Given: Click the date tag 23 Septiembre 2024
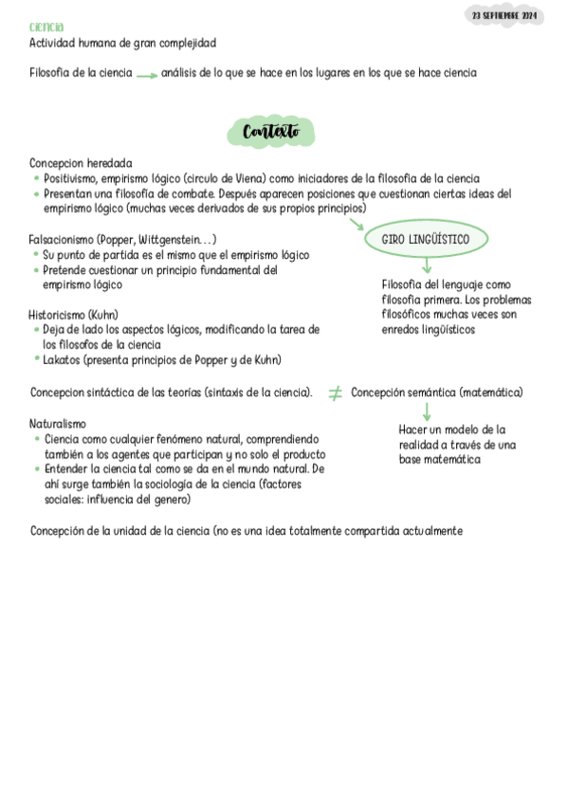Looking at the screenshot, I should tap(505, 17).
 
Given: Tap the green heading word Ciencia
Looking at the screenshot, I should tap(46, 27).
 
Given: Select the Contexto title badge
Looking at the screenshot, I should tap(270, 132).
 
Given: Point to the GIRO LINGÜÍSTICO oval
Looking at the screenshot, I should tap(426, 240).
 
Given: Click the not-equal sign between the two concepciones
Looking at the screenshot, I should tap(335, 393).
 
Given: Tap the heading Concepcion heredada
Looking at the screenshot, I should tap(81, 163).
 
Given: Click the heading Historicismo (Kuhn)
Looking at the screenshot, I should tap(74, 315).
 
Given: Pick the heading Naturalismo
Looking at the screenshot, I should tap(58, 424).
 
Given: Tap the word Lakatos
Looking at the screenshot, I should tap(64, 359).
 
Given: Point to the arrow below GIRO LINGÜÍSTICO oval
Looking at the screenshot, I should tap(426, 267).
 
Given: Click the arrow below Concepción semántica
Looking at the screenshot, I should tap(426, 411).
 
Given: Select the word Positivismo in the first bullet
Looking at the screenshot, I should tap(73, 178).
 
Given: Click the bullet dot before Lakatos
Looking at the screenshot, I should tap(36, 359).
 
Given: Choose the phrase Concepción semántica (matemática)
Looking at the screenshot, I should tap(437, 393).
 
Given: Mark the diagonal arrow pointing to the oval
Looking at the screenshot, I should tap(357, 225).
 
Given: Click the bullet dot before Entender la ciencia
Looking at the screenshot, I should tap(36, 469).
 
